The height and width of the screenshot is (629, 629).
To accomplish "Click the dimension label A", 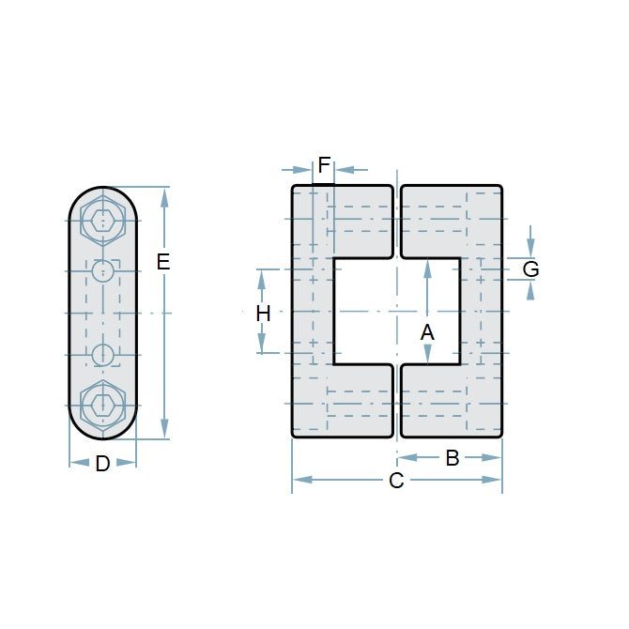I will coord(427,331).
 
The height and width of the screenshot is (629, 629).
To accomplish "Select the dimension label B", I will coord(453,458).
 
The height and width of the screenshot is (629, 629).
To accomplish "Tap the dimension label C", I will coord(396,481).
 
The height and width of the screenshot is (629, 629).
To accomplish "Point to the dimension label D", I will coord(103,463).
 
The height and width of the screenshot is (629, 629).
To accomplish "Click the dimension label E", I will coord(163,262).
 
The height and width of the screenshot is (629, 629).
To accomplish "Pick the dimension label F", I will coord(324,166).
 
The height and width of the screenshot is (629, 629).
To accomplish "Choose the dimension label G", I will coord(530,269).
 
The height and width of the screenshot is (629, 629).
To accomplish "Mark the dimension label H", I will coord(264,314).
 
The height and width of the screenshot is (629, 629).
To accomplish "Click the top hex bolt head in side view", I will coord(103,222).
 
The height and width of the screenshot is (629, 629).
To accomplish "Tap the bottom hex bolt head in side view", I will coord(103,405).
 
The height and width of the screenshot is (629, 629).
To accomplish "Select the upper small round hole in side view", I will coord(103,271).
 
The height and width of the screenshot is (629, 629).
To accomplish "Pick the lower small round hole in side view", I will coord(103,355).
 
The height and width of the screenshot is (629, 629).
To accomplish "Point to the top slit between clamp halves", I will coord(397,222).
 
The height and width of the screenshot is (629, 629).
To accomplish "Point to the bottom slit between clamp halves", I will coord(397,401).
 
